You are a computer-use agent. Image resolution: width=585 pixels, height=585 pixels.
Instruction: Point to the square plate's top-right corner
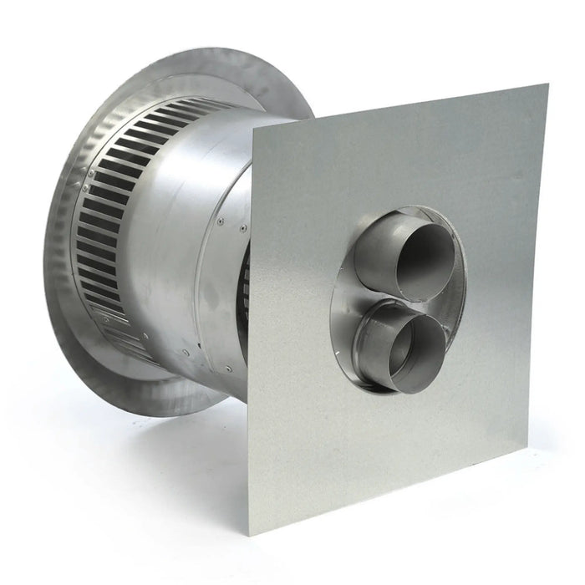pyautogui.click(x=547, y=84)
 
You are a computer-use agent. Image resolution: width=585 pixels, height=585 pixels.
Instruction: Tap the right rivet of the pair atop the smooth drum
pyautogui.click(x=242, y=228)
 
